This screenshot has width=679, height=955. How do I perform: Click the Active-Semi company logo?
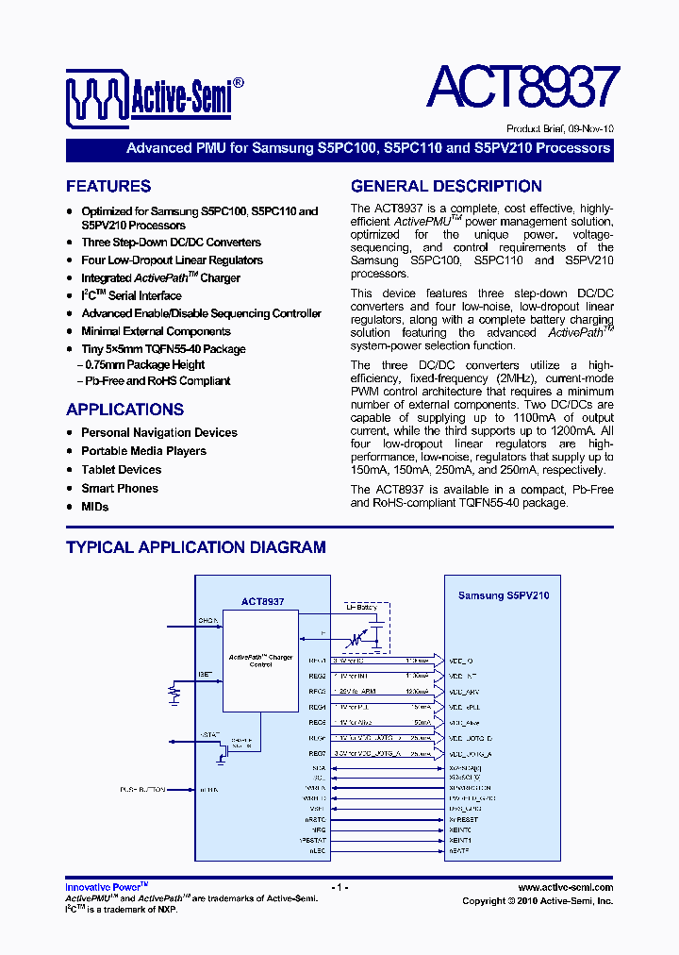[x=155, y=92]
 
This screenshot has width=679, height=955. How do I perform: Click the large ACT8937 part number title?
[x=522, y=88]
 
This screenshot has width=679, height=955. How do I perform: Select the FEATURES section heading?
[x=108, y=186]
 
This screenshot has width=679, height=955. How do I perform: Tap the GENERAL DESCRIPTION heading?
[x=446, y=186]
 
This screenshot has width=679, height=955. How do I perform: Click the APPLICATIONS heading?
[x=124, y=410]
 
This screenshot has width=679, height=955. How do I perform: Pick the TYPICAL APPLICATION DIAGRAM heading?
[x=196, y=547]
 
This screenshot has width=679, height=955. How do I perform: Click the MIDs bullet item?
[x=94, y=507]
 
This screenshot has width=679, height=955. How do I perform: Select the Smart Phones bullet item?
[x=119, y=488]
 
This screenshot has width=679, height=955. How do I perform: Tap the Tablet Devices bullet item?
[x=121, y=469]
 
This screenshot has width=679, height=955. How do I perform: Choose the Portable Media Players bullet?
[x=143, y=451]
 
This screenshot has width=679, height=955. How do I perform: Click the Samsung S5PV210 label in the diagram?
[x=504, y=595]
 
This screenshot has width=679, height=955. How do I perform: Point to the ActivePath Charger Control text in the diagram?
[x=260, y=661]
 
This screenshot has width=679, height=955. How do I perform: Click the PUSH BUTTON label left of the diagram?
[x=142, y=789]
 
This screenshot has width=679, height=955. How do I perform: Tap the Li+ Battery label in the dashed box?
[x=361, y=609]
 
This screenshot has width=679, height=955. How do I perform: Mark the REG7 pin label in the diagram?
[x=317, y=754]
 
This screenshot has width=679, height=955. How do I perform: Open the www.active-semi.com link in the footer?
[x=566, y=888]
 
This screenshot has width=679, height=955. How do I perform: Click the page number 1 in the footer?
[x=339, y=888]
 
